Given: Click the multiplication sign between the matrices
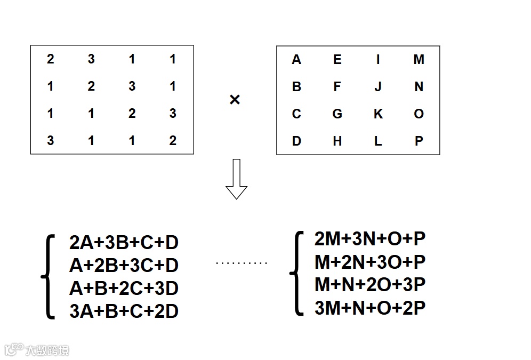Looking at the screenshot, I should [235, 100].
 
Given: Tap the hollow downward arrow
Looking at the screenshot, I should [236, 179].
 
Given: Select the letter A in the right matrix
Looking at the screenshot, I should [296, 60].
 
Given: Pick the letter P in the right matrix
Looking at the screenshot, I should [419, 141].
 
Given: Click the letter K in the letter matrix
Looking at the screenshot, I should [378, 114].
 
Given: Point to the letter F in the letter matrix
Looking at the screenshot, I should [337, 86].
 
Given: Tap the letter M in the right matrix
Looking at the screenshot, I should [419, 60].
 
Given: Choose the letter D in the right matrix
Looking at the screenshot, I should [296, 141].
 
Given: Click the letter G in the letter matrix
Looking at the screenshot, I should [337, 114].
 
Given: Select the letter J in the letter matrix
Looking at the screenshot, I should [378, 86].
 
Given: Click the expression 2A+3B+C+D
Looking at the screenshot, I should [124, 243].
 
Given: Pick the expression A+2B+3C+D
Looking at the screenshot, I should [124, 266].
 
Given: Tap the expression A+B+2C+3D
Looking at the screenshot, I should [124, 289].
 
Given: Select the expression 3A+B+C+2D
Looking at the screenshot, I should [124, 311].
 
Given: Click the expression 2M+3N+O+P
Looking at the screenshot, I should [370, 239].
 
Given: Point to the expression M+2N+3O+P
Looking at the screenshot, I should [370, 262].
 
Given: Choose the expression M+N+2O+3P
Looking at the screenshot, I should [370, 285].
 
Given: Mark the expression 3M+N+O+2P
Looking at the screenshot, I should [370, 308].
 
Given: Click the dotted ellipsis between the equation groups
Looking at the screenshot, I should [242, 263].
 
